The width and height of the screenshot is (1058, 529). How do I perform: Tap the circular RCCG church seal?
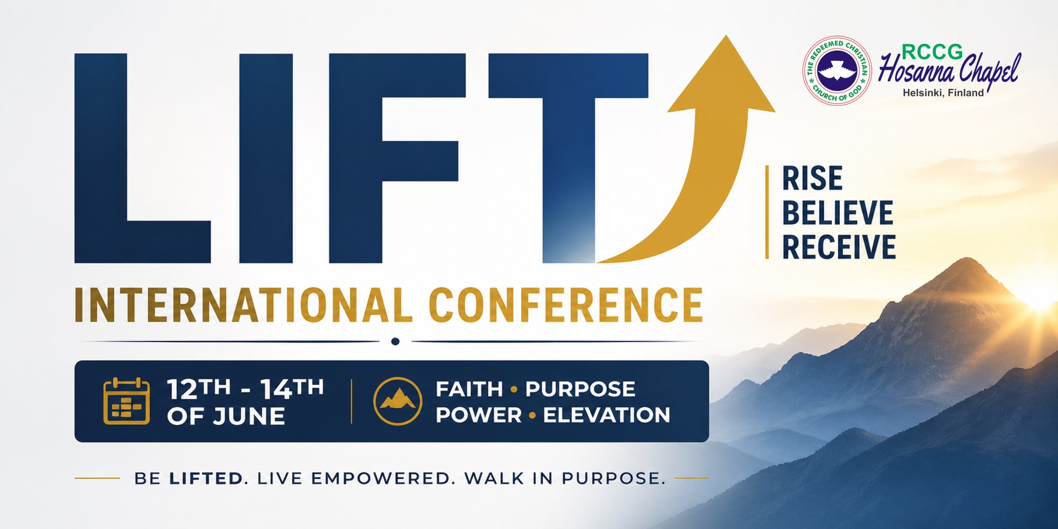[x=837, y=70]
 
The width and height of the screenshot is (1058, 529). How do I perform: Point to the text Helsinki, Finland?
[x=943, y=93]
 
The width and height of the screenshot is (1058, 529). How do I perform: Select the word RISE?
[x=813, y=178]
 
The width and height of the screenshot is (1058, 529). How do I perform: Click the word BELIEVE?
[x=838, y=213]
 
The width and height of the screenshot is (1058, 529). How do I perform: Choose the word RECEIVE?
[x=839, y=247]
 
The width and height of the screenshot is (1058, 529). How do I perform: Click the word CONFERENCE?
[x=566, y=305]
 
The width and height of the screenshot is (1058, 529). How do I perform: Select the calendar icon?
[x=126, y=401]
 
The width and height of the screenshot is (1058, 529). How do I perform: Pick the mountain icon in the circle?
[x=398, y=401]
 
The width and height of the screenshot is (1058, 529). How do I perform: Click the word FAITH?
[x=469, y=389]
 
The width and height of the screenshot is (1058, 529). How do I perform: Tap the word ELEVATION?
[x=607, y=415]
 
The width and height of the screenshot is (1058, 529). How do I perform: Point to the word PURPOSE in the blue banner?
[x=580, y=389]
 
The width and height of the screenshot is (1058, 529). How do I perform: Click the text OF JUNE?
[x=226, y=416]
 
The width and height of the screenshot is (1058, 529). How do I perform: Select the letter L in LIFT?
[x=142, y=158]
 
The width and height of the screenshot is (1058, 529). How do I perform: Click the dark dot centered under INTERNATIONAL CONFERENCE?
[x=395, y=342]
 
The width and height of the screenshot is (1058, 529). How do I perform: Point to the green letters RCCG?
[x=932, y=52]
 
